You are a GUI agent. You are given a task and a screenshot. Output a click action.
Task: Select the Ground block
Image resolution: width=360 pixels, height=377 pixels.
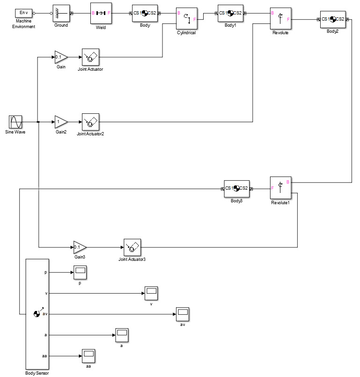click(x=61, y=14)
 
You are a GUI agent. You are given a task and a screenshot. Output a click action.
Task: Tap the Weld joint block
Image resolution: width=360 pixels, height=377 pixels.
click(x=101, y=13)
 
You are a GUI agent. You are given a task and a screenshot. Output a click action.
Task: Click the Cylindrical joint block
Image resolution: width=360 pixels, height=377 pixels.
click(x=187, y=19)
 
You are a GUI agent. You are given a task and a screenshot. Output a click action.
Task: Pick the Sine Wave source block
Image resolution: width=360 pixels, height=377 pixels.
click(x=16, y=122)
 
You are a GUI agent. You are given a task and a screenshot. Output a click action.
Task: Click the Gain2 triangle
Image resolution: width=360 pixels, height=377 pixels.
click(x=60, y=122)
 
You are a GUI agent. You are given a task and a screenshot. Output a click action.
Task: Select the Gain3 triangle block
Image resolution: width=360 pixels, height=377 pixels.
click(x=79, y=247)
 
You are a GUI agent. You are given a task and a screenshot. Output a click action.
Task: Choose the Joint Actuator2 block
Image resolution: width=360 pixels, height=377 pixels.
click(x=90, y=122)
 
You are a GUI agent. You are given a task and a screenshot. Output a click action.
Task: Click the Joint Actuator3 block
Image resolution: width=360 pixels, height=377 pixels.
click(x=132, y=247)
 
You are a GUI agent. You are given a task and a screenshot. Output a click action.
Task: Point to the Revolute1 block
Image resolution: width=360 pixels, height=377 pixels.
click(x=280, y=188)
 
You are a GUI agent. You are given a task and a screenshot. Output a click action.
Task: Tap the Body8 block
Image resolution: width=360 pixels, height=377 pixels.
click(x=236, y=188)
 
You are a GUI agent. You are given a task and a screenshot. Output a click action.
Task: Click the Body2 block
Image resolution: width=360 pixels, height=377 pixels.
click(x=333, y=19)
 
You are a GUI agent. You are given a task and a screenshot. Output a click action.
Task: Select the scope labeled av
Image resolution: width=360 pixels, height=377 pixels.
click(x=182, y=314)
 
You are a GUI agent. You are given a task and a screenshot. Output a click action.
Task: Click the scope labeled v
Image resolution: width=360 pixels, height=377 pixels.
click(x=151, y=294)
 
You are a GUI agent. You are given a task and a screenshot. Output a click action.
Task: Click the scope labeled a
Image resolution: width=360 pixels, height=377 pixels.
click(x=121, y=335)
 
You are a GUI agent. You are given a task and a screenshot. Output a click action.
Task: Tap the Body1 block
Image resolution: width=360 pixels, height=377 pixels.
click(x=230, y=13)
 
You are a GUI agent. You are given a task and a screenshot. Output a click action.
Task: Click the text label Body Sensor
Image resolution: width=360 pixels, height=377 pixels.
click(x=37, y=373)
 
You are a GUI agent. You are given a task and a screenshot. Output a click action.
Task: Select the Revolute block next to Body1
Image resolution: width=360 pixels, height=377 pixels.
click(x=281, y=19)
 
